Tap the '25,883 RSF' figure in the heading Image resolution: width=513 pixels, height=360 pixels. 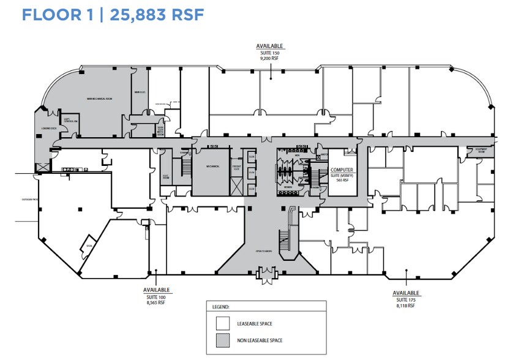pyautogui.click(x=156, y=15)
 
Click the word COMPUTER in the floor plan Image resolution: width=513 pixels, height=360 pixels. pyautogui.click(x=343, y=170)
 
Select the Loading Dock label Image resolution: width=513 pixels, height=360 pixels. pyautogui.click(x=48, y=129)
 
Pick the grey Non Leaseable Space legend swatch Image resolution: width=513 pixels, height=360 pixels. pyautogui.click(x=222, y=340)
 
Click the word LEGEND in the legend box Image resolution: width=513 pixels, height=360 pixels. pyautogui.click(x=220, y=306)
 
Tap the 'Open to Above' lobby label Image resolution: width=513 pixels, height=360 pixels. pyautogui.click(x=263, y=251)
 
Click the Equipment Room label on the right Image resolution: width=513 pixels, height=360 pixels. pyautogui.click(x=483, y=149)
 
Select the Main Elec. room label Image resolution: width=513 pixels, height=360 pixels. pyautogui.click(x=139, y=93)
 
